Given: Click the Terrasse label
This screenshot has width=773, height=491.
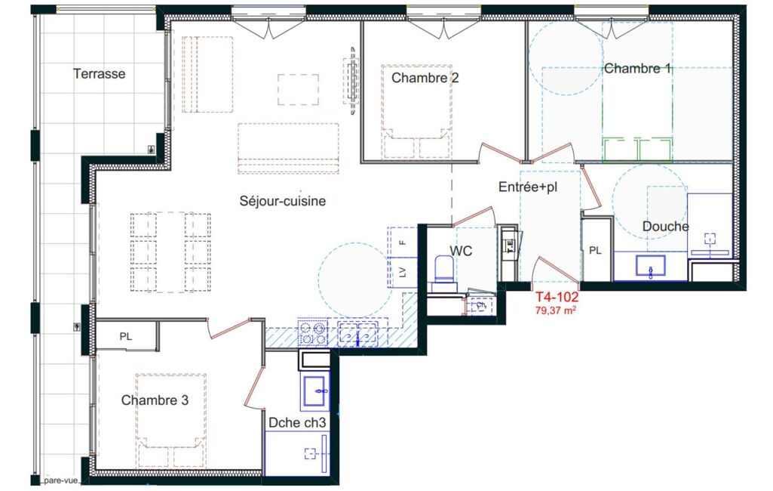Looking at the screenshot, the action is click(x=99, y=73).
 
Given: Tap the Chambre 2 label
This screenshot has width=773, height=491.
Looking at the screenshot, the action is click(x=425, y=78).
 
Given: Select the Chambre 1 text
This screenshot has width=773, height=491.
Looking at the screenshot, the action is click(x=638, y=68).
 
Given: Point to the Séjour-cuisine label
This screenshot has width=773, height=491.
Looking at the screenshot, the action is click(x=283, y=201).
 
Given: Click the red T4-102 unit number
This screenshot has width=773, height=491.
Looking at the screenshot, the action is click(x=557, y=297).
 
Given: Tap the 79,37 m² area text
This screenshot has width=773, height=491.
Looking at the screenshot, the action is click(x=556, y=310).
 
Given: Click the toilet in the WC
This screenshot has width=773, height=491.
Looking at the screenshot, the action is click(x=443, y=273).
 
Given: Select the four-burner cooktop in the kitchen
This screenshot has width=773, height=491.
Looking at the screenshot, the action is click(x=312, y=332).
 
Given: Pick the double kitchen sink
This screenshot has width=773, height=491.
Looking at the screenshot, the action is click(x=358, y=332).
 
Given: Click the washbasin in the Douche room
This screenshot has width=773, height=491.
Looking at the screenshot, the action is click(x=650, y=266).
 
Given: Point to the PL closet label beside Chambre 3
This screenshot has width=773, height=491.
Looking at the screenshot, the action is click(x=126, y=336).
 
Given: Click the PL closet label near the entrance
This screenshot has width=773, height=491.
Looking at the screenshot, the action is click(x=595, y=251).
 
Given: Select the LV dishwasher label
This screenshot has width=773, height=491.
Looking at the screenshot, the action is click(x=403, y=272).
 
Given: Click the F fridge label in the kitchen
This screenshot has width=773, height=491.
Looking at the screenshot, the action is click(x=403, y=242).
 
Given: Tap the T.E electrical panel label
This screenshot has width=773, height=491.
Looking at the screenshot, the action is click(x=510, y=245).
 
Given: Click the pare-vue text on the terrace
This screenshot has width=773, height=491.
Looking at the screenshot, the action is click(x=60, y=480).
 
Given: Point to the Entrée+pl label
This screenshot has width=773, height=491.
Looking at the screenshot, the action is click(x=528, y=187).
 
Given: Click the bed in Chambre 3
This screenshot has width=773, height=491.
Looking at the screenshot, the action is click(x=170, y=420).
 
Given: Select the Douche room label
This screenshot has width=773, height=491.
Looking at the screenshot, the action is click(x=665, y=226).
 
